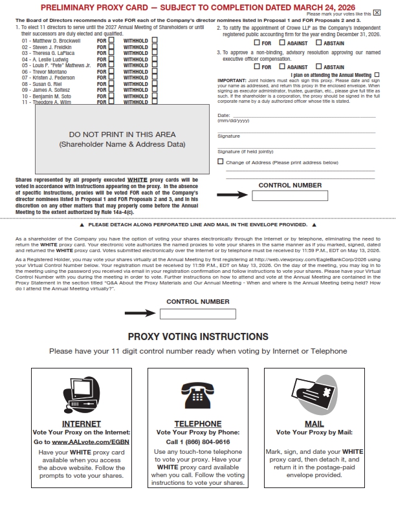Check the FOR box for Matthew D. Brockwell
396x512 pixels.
click(x=111, y=40)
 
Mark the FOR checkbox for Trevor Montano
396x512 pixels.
click(x=111, y=71)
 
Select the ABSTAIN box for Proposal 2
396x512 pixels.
click(x=318, y=43)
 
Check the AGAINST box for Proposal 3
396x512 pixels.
click(x=283, y=67)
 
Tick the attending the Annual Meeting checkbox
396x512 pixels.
click(x=377, y=75)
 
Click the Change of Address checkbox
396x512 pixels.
click(x=221, y=162)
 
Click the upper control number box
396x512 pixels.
click(x=281, y=195)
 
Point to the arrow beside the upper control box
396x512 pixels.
click(x=232, y=195)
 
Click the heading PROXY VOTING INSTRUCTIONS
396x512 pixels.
click(x=198, y=337)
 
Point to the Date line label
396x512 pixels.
click(x=224, y=114)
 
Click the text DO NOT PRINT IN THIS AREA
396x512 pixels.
click(x=122, y=134)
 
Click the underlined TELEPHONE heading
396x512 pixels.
click(x=198, y=424)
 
